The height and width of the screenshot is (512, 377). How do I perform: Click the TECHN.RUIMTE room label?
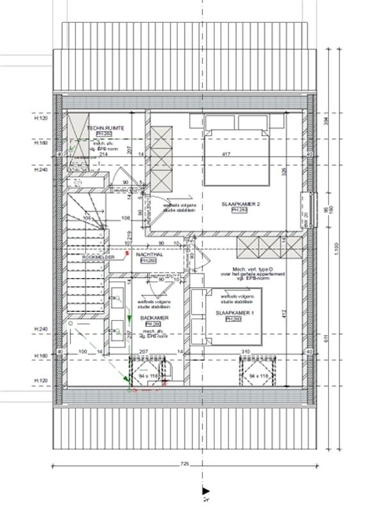[106, 128]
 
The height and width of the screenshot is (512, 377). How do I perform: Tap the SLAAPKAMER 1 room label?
[231, 312]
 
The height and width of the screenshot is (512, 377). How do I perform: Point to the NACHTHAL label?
[148, 254]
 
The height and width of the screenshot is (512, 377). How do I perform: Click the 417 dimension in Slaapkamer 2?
[226, 154]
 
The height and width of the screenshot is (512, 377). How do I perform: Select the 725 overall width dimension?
[186, 462]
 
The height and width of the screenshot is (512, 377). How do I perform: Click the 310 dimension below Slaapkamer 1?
[245, 352]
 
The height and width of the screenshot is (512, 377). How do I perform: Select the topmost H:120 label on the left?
[42, 118]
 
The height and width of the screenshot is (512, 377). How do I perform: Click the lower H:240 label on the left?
[42, 328]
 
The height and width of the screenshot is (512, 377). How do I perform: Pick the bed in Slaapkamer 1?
[225, 317]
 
